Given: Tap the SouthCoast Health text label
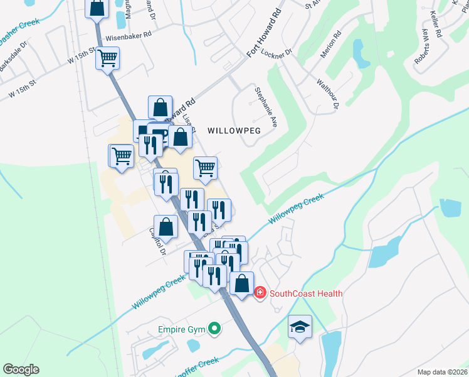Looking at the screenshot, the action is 306,293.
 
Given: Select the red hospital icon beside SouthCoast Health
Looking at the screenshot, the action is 260,293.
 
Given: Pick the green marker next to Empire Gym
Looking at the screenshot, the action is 214,328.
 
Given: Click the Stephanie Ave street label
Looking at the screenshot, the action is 265,107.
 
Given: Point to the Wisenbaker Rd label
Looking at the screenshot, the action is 129,37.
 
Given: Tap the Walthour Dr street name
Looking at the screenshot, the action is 327,93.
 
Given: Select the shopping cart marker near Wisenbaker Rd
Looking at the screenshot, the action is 107,58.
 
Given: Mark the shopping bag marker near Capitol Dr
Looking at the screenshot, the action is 166,226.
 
